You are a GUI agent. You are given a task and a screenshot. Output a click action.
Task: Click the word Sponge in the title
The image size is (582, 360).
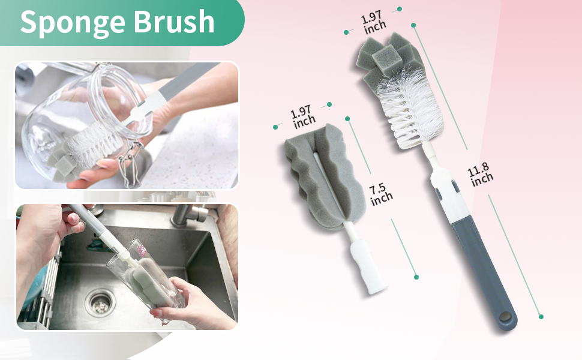[73, 23]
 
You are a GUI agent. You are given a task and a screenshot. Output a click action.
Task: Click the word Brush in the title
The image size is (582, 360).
[174, 21]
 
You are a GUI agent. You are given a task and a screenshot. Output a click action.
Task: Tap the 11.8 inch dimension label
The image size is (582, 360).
[480, 175]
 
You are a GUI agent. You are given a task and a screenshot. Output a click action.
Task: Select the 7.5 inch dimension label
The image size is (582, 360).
[380, 194]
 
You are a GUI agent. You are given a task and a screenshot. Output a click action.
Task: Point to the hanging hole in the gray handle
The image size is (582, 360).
[505, 317]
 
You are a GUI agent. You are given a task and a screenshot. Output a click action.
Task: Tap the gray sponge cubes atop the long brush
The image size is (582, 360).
[387, 58]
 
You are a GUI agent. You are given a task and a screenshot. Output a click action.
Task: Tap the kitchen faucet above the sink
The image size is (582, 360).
[188, 214]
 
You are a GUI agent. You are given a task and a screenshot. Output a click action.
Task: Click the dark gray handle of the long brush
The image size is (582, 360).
[484, 274]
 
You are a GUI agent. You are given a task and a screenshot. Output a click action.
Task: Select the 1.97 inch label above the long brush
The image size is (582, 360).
[373, 22]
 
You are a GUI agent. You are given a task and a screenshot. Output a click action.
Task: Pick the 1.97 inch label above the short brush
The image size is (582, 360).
[302, 116]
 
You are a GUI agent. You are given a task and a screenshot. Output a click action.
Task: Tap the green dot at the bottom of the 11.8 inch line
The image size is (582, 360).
[541, 317]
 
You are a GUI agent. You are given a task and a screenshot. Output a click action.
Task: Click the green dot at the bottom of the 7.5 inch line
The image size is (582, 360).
[416, 277]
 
